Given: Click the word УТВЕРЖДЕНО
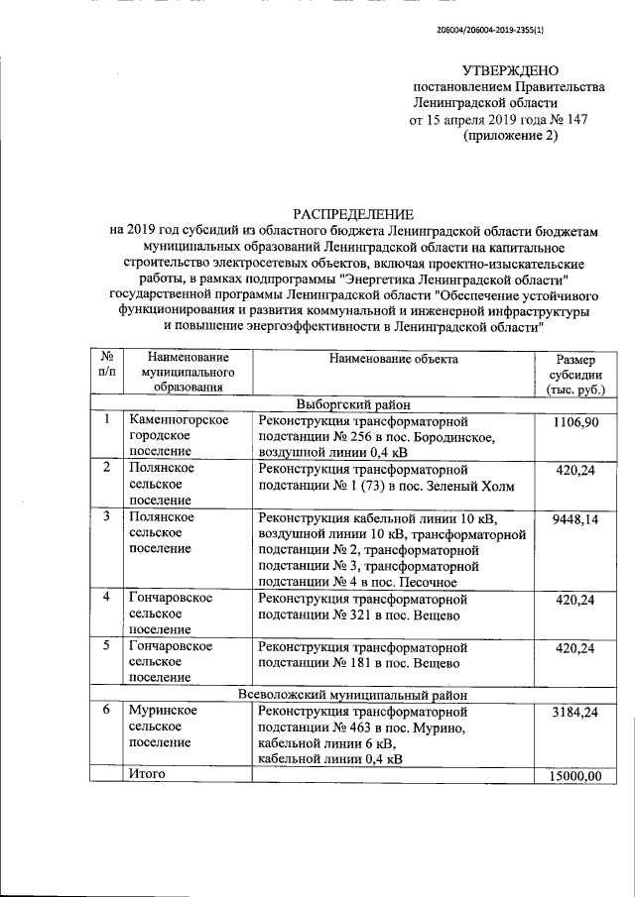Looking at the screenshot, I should coord(510,70).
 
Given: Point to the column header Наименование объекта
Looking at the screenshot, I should coord(394,359).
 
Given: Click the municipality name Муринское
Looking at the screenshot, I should coord(162,712).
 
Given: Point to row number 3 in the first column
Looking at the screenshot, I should coord(106,516).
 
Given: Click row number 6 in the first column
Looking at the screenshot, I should coord(106,712).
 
